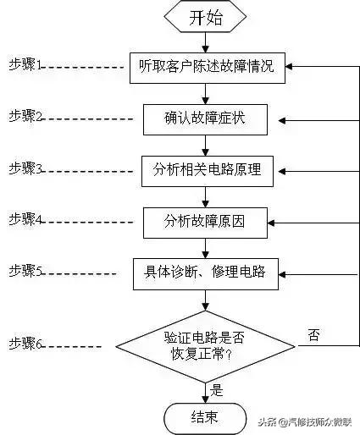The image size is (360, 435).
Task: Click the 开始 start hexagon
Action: [205, 17]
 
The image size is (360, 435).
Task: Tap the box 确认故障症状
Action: [205, 118]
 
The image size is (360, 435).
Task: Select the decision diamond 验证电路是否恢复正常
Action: [205, 346]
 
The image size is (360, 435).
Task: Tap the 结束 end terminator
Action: [205, 416]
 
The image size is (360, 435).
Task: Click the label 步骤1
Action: [25, 64]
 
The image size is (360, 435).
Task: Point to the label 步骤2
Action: [25, 115]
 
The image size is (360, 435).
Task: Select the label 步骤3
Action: [25, 168]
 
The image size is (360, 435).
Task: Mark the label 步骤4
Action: [25, 219]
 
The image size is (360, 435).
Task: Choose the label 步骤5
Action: [25, 270]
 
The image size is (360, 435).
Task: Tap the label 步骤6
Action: [25, 344]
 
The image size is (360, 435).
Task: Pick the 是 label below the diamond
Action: [217, 390]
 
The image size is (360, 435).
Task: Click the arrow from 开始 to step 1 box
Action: [205, 42]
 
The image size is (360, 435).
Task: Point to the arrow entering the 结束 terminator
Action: [205, 394]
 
